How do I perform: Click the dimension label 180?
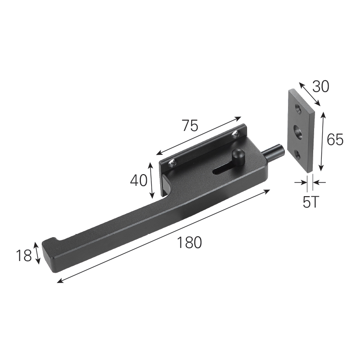pyautogui.click(x=189, y=242)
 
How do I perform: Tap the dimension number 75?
pyautogui.click(x=190, y=126)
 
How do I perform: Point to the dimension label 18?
pyautogui.click(x=24, y=256)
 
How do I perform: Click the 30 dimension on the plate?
pyautogui.click(x=321, y=86)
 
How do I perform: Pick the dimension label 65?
pyautogui.click(x=335, y=139)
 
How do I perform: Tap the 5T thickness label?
pyautogui.click(x=310, y=202)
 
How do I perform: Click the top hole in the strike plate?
pyautogui.click(x=298, y=109)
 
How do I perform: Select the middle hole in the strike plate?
pyautogui.click(x=298, y=132)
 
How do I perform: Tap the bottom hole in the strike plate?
pyautogui.click(x=298, y=155)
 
